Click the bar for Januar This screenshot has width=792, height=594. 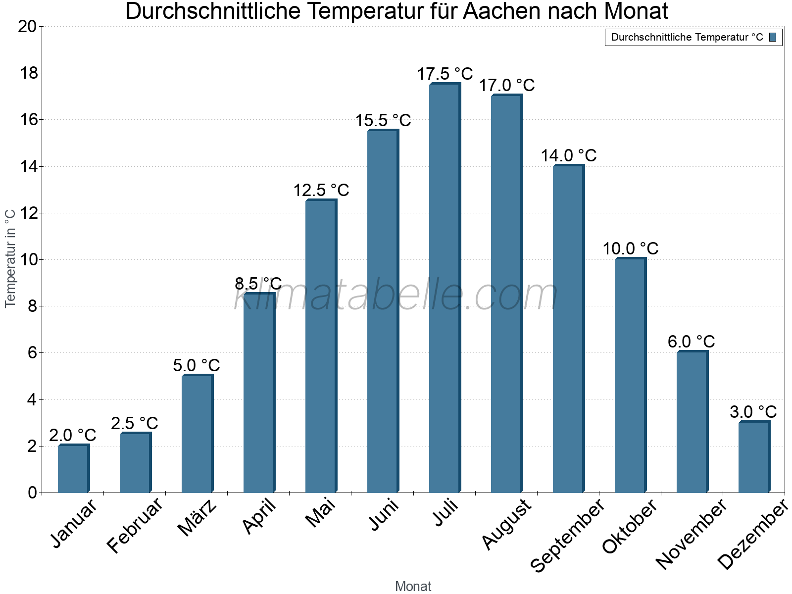73,469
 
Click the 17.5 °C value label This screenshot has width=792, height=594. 445,74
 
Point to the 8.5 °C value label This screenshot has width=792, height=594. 258,284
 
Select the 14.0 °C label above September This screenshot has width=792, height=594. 568,156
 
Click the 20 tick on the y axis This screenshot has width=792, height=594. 27,27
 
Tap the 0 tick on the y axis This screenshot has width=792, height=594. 32,493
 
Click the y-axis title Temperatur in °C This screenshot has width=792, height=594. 10,258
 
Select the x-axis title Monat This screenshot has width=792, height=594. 413,586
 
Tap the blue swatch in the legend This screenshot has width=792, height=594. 773,37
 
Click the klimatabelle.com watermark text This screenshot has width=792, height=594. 396,296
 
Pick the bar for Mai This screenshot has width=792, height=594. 321,346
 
